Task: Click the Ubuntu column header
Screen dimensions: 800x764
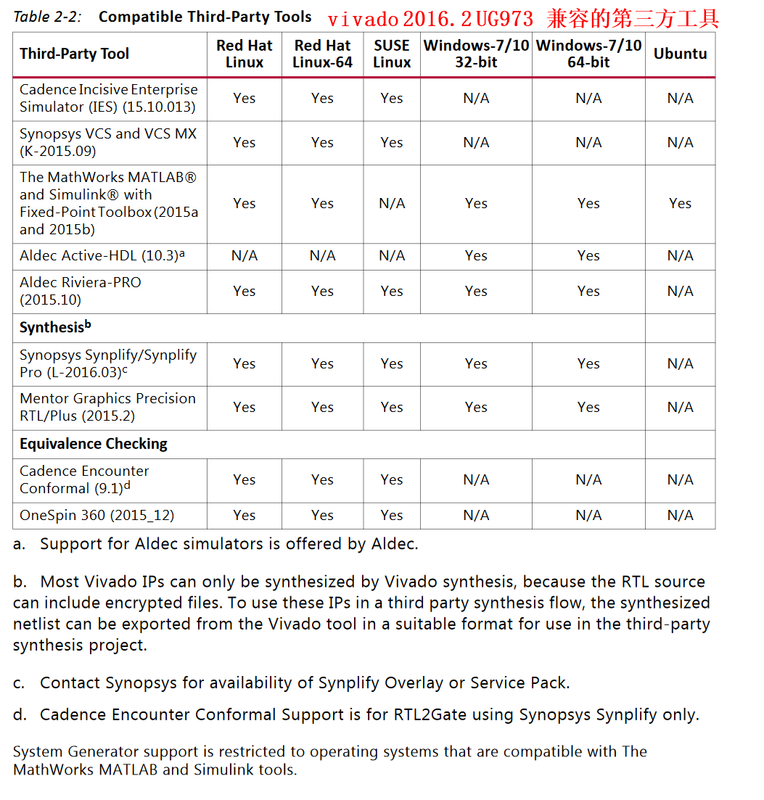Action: click(680, 54)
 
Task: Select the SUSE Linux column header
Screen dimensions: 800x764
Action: click(392, 54)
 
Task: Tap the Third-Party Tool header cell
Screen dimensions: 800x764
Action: click(75, 54)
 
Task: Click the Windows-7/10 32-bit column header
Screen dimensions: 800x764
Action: click(476, 54)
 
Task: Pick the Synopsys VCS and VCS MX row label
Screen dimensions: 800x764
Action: click(108, 142)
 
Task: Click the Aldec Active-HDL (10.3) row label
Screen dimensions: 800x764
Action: click(102, 255)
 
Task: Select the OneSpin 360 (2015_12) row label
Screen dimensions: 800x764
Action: click(97, 516)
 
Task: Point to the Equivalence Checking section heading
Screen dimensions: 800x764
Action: click(94, 444)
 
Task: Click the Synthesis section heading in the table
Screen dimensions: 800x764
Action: click(55, 327)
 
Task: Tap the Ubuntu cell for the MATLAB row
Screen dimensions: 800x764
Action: click(680, 204)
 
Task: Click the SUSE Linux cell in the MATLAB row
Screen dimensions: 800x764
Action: click(392, 204)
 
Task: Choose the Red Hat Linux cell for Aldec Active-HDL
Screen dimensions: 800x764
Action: click(245, 255)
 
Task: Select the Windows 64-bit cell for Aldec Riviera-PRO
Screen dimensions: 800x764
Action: click(588, 291)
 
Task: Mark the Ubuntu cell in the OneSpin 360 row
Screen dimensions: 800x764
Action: click(680, 516)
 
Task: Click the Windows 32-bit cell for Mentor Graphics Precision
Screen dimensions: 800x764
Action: click(476, 407)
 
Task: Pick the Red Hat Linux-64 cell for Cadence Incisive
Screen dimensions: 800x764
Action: click(322, 98)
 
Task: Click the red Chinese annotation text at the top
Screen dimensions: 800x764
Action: click(522, 18)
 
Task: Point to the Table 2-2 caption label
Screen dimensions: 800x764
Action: click(47, 17)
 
